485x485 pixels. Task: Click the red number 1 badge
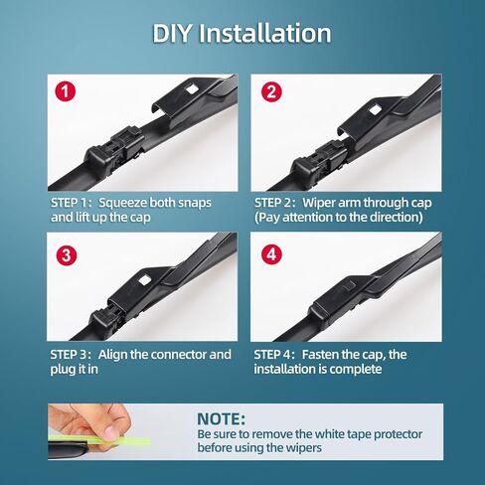coord(66,91)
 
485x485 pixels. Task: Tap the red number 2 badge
coord(271,91)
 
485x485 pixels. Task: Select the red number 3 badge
coord(67,255)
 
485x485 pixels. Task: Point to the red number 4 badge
coord(271,254)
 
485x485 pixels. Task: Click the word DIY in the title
coord(172,33)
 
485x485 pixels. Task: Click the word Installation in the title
coord(265,33)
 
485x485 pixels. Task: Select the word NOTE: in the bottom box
coord(222,419)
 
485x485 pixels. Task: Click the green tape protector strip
coord(99,440)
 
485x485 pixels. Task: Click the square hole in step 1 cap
coord(191,88)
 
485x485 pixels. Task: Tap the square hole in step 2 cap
coord(375,109)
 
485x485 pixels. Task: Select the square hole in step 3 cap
coord(145,280)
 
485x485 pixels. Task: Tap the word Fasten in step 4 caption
coord(318,355)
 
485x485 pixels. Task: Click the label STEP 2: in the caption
coord(275,203)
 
